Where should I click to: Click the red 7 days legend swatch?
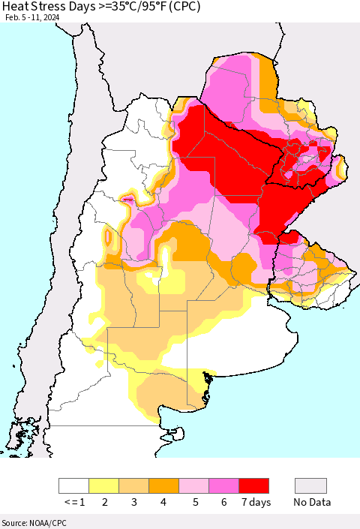coord(253,485)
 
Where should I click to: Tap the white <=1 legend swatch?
coord(73,485)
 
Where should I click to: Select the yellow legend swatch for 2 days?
coord(103,485)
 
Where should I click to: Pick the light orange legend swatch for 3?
coord(133,485)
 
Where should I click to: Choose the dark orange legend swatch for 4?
coord(163,485)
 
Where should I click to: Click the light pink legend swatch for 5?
coord(193,485)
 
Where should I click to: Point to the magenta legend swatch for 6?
coord(223,485)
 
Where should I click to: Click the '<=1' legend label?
coord(73,502)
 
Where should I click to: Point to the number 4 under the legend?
coord(163,502)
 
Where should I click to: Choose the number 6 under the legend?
coord(223,502)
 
